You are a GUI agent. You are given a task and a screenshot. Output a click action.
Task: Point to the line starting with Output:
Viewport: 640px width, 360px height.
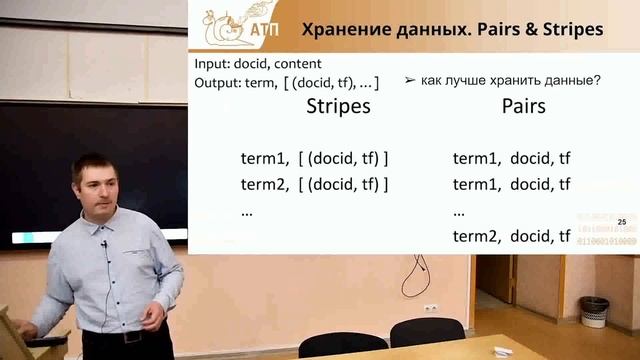click(286, 81)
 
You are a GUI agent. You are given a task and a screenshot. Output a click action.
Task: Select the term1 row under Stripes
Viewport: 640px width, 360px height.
click(314, 158)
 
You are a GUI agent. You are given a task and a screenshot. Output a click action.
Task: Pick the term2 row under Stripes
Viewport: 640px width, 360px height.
click(314, 184)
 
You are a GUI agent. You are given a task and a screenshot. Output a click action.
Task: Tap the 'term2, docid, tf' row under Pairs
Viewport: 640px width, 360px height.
click(511, 236)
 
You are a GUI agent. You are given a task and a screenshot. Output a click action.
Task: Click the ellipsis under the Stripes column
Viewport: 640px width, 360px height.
click(247, 211)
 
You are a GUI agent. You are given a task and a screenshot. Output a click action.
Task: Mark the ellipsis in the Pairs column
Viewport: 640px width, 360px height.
click(459, 211)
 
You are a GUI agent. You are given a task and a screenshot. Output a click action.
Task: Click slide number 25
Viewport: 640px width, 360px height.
click(622, 221)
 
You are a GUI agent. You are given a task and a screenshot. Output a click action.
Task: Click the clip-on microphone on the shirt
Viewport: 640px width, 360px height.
click(103, 243)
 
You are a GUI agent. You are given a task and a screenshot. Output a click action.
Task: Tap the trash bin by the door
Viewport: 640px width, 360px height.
click(594, 311)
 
